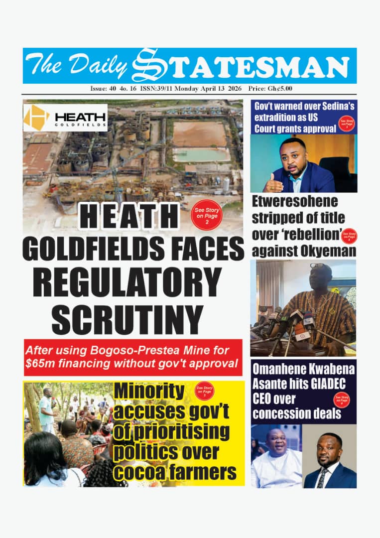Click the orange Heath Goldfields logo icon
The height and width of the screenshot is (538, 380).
tap(37, 118)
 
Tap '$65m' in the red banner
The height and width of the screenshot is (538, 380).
tap(41, 364)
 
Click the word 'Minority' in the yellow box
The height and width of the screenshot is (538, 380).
tap(149, 392)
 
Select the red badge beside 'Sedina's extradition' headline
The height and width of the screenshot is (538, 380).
tap(346, 123)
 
